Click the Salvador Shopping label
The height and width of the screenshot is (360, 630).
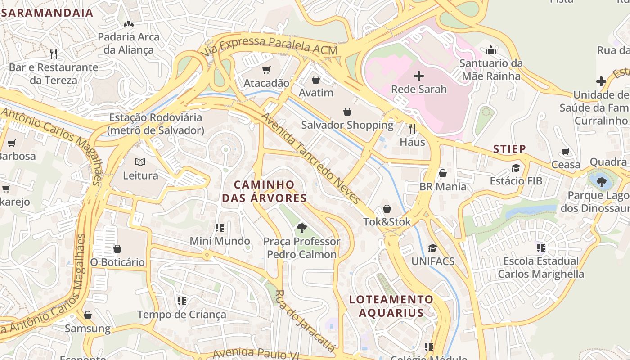(x=347, y=125)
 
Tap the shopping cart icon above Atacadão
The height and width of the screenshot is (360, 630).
(x=266, y=70)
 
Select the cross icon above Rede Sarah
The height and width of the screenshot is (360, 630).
(x=419, y=76)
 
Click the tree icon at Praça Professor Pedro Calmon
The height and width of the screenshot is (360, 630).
(x=302, y=228)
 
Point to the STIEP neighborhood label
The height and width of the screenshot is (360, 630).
(x=509, y=149)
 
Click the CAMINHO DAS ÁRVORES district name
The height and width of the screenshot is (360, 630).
(x=265, y=191)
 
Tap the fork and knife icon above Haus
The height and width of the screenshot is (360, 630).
(x=412, y=129)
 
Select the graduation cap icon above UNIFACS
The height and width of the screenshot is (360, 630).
(x=432, y=248)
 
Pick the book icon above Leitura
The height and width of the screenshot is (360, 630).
(x=140, y=162)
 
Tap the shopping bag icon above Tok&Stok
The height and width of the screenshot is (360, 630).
(x=387, y=209)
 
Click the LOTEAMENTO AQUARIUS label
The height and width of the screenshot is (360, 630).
(x=391, y=306)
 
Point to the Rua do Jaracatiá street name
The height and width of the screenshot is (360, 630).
(x=305, y=320)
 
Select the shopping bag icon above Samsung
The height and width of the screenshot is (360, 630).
(x=88, y=315)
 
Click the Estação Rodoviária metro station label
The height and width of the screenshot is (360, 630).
(x=156, y=124)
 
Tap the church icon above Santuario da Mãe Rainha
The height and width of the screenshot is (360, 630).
(x=491, y=49)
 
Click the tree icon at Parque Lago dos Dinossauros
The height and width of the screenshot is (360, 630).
(x=601, y=182)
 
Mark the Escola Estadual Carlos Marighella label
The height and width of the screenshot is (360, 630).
(x=541, y=267)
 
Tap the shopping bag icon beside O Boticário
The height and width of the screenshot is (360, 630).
(x=117, y=249)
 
